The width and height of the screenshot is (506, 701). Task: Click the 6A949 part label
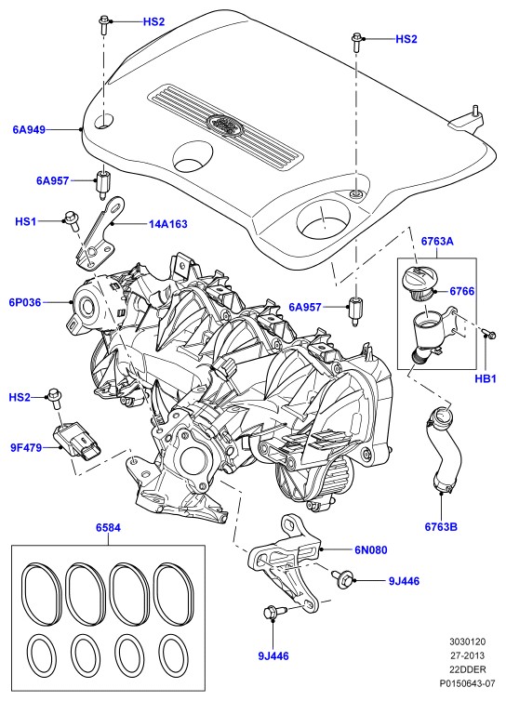[29, 130]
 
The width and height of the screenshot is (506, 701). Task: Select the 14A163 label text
[167, 224]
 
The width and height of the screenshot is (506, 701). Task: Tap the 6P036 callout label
[25, 303]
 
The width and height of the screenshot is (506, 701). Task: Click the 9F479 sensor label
[26, 447]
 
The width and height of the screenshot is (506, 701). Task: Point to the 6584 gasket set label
[108, 527]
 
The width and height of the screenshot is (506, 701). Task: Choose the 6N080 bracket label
[371, 549]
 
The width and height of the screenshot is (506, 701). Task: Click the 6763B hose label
[441, 526]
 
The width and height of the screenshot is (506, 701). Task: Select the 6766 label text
[462, 291]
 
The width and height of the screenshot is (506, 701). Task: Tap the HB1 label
[486, 379]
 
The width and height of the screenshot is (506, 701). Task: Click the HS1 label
[25, 221]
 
